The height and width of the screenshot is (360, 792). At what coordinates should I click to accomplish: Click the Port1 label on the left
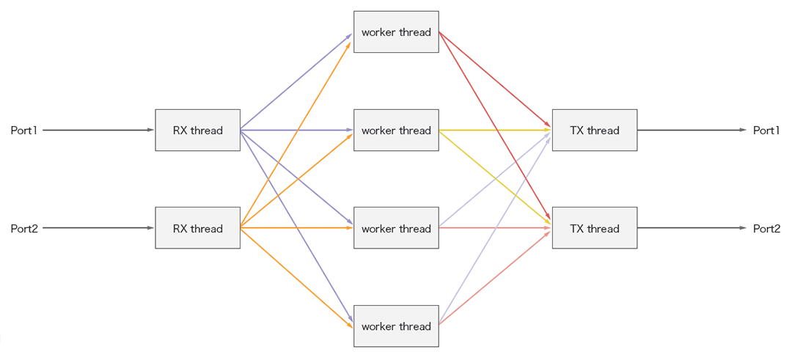point(23,131)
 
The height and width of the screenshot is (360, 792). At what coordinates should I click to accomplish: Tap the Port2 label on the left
point(23,229)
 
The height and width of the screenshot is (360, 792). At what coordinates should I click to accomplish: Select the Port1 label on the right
point(766,131)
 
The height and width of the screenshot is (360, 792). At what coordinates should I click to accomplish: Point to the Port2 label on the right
point(766,229)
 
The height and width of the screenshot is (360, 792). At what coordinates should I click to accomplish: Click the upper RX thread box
point(197,131)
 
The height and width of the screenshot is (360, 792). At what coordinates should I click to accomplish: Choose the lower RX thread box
point(197,228)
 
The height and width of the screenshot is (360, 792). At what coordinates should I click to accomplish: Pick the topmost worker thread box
point(396,32)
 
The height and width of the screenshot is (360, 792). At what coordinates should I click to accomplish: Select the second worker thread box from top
point(396,131)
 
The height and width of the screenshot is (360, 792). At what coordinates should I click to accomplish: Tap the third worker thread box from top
point(396,228)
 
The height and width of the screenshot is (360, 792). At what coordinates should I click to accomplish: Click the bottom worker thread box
point(396,326)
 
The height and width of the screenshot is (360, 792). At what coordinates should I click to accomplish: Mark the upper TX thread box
point(594,131)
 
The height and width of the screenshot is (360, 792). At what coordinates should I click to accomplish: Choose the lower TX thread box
point(594,228)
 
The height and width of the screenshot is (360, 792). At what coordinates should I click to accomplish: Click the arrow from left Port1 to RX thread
point(98,131)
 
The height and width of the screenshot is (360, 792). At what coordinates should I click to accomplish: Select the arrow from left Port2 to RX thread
point(98,228)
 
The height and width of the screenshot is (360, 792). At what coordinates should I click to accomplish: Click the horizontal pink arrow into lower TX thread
point(495,228)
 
